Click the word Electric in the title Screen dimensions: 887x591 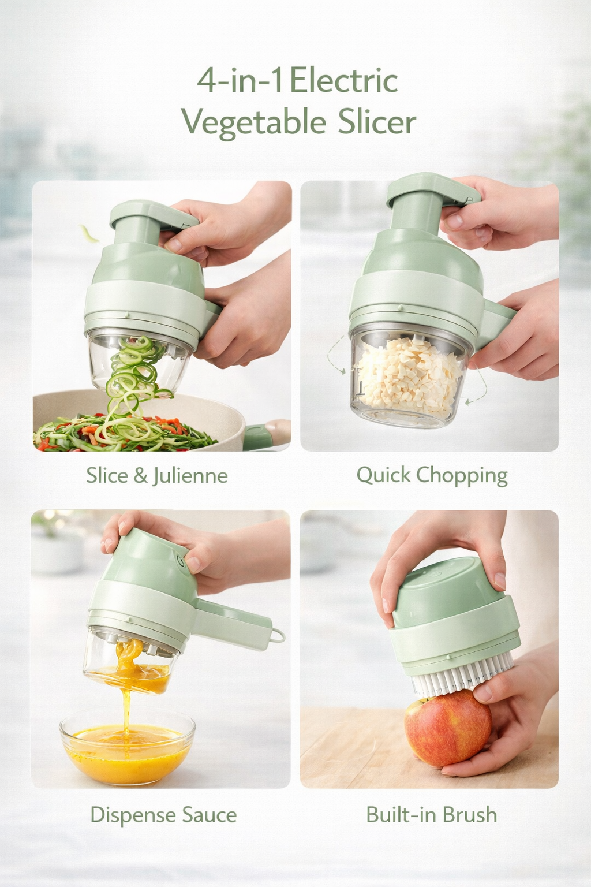pos(343,81)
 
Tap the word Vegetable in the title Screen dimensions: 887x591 pos(254,122)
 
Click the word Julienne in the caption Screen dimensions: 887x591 pos(190,476)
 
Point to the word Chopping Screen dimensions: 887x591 pos(462,476)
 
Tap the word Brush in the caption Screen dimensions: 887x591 pos(470,814)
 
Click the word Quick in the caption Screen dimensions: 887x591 pos(383,475)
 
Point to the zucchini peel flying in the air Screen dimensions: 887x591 pos(89,233)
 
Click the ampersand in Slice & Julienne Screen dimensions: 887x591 pos(140,476)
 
